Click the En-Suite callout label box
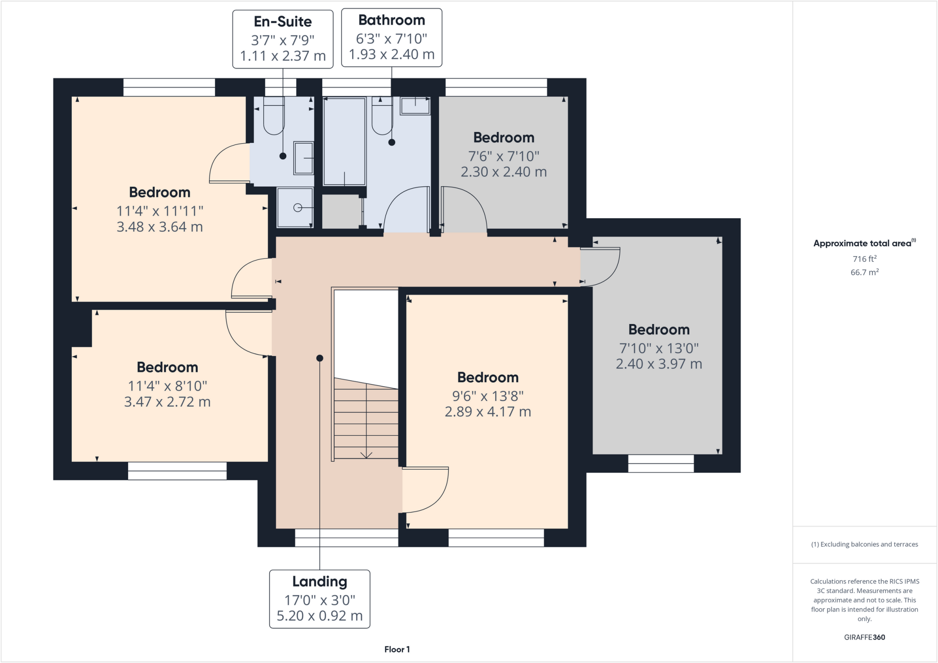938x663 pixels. point(283,39)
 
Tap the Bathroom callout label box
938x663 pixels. point(392,38)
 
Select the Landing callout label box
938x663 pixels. point(319,598)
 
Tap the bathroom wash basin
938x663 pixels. point(415,106)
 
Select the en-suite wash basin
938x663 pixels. point(304,158)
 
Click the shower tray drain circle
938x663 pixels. point(298,208)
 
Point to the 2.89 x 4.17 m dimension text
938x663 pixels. point(488,412)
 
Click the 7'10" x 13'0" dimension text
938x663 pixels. point(659,349)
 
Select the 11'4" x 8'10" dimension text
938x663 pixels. point(167,386)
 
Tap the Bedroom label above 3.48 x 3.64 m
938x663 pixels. point(159,192)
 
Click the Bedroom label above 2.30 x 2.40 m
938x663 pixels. point(503,138)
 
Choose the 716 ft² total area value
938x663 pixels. point(864,259)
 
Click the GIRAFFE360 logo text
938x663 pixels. point(864,637)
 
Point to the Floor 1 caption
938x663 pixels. point(397,649)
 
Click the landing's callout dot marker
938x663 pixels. point(320,358)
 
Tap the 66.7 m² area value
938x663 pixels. point(864,272)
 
